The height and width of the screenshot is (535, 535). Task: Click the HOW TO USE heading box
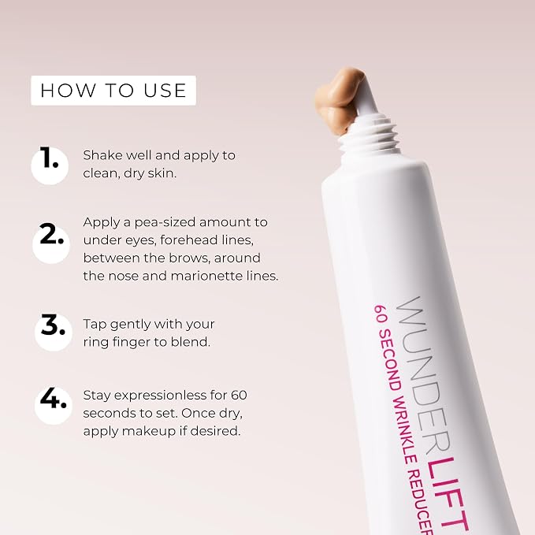point(113,91)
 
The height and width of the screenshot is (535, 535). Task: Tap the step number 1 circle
point(50,166)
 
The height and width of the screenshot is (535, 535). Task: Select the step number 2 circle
point(51,244)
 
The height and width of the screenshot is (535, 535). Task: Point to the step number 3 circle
point(54,333)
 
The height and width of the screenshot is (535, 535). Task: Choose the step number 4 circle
point(54,406)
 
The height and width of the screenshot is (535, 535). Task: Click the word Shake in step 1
point(102,155)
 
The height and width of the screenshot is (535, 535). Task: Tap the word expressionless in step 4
point(160,396)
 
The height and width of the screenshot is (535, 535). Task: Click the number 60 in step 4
point(239,395)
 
